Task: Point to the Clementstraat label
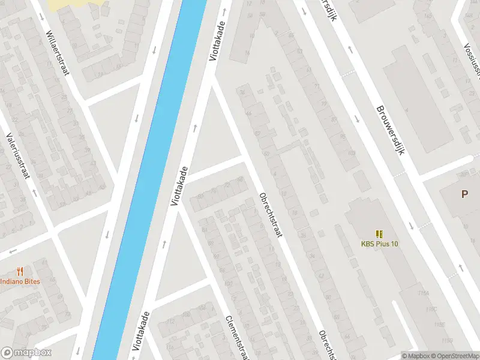pyautogui.click(x=237, y=337)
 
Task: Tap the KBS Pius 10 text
pyautogui.click(x=379, y=244)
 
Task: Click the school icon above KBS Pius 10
pyautogui.click(x=379, y=233)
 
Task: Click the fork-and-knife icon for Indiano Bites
pyautogui.click(x=20, y=271)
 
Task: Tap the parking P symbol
pyautogui.click(x=464, y=194)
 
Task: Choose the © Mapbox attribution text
pyautogui.click(x=415, y=356)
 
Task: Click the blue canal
pyautogui.click(x=150, y=180)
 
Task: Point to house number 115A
pyautogui.click(x=425, y=292)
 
